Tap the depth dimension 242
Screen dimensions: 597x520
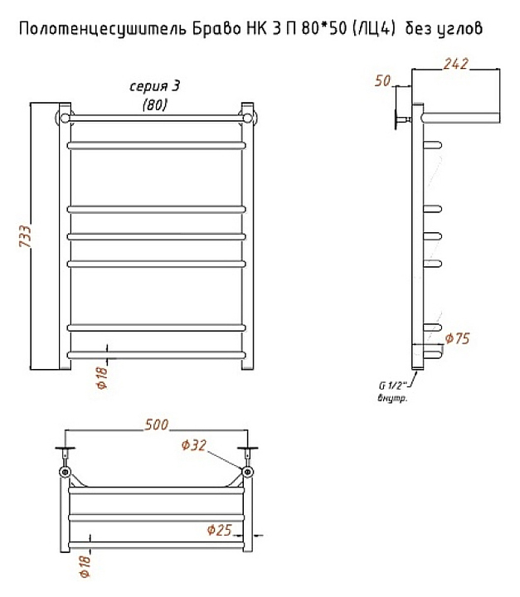click(456, 64)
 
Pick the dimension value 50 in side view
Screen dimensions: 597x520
click(382, 80)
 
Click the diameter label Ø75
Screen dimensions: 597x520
click(458, 338)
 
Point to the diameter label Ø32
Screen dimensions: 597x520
click(192, 446)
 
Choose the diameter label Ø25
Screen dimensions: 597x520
click(218, 528)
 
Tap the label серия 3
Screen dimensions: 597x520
click(155, 87)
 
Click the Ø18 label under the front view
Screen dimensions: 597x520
click(101, 376)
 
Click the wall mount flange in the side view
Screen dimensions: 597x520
click(398, 119)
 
